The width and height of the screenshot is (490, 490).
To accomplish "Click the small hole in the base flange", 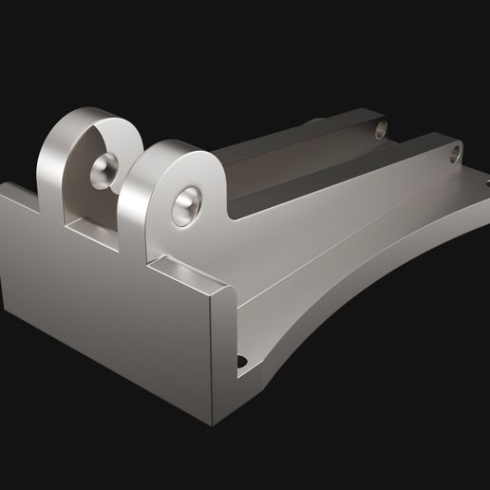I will (x=240, y=362).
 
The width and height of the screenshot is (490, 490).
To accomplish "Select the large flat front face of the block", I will (x=104, y=313).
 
